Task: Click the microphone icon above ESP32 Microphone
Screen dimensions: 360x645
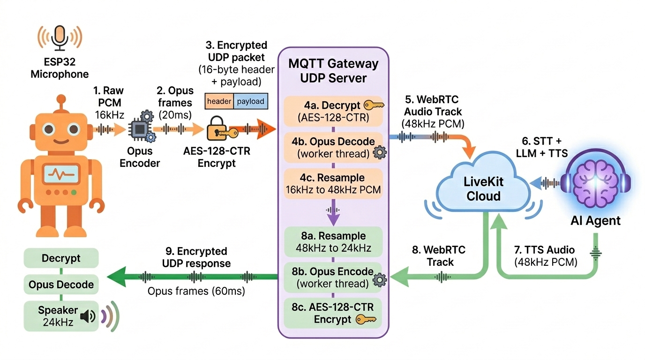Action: click(60, 36)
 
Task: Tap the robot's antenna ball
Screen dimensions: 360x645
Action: click(60, 99)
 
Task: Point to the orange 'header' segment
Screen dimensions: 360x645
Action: click(219, 101)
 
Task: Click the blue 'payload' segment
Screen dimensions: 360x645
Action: click(250, 101)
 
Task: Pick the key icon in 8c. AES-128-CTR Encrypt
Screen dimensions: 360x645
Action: click(366, 320)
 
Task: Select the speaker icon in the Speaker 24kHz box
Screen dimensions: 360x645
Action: click(87, 317)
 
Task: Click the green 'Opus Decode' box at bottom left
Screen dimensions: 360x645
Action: click(61, 285)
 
